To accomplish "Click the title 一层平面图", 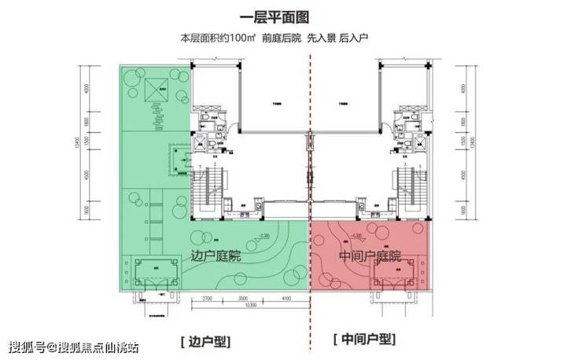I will point(290,17).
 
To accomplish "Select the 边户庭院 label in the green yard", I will point(216,256).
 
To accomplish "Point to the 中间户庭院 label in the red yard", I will point(369,256).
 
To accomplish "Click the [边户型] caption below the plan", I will point(205,340).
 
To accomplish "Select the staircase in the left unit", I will point(212,188).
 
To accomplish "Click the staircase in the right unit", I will point(405,188).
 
